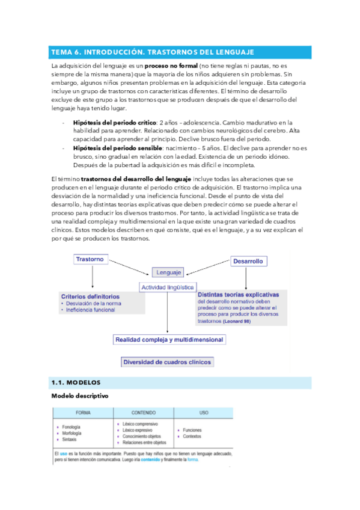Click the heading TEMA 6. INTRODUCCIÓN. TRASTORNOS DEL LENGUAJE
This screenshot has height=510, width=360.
[153, 52]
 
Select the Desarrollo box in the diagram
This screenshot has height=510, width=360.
[248, 262]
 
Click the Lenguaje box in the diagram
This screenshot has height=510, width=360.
[169, 272]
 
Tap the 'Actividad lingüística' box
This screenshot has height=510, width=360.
[167, 287]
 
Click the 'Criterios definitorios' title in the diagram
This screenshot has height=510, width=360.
[90, 296]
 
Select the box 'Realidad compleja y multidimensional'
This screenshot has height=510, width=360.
[169, 340]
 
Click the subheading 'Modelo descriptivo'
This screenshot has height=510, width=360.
[79, 396]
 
